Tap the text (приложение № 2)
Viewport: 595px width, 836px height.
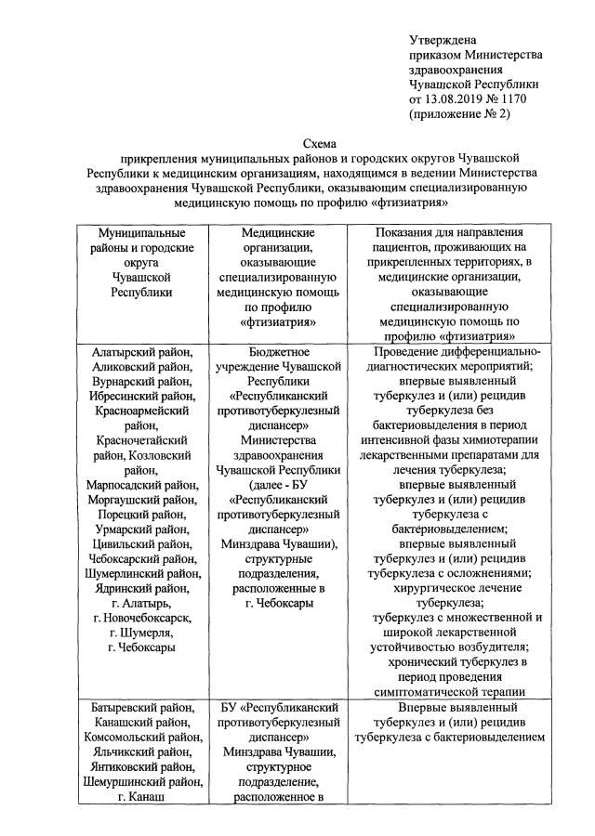click(x=460, y=113)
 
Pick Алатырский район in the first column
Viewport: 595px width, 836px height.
click(x=142, y=352)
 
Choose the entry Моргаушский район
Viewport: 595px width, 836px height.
click(x=142, y=499)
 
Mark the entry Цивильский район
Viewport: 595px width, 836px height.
click(x=142, y=543)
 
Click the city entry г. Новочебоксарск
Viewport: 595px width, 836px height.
click(x=142, y=617)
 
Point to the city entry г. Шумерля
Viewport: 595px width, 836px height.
click(x=142, y=632)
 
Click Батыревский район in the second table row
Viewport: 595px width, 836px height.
click(x=142, y=709)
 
